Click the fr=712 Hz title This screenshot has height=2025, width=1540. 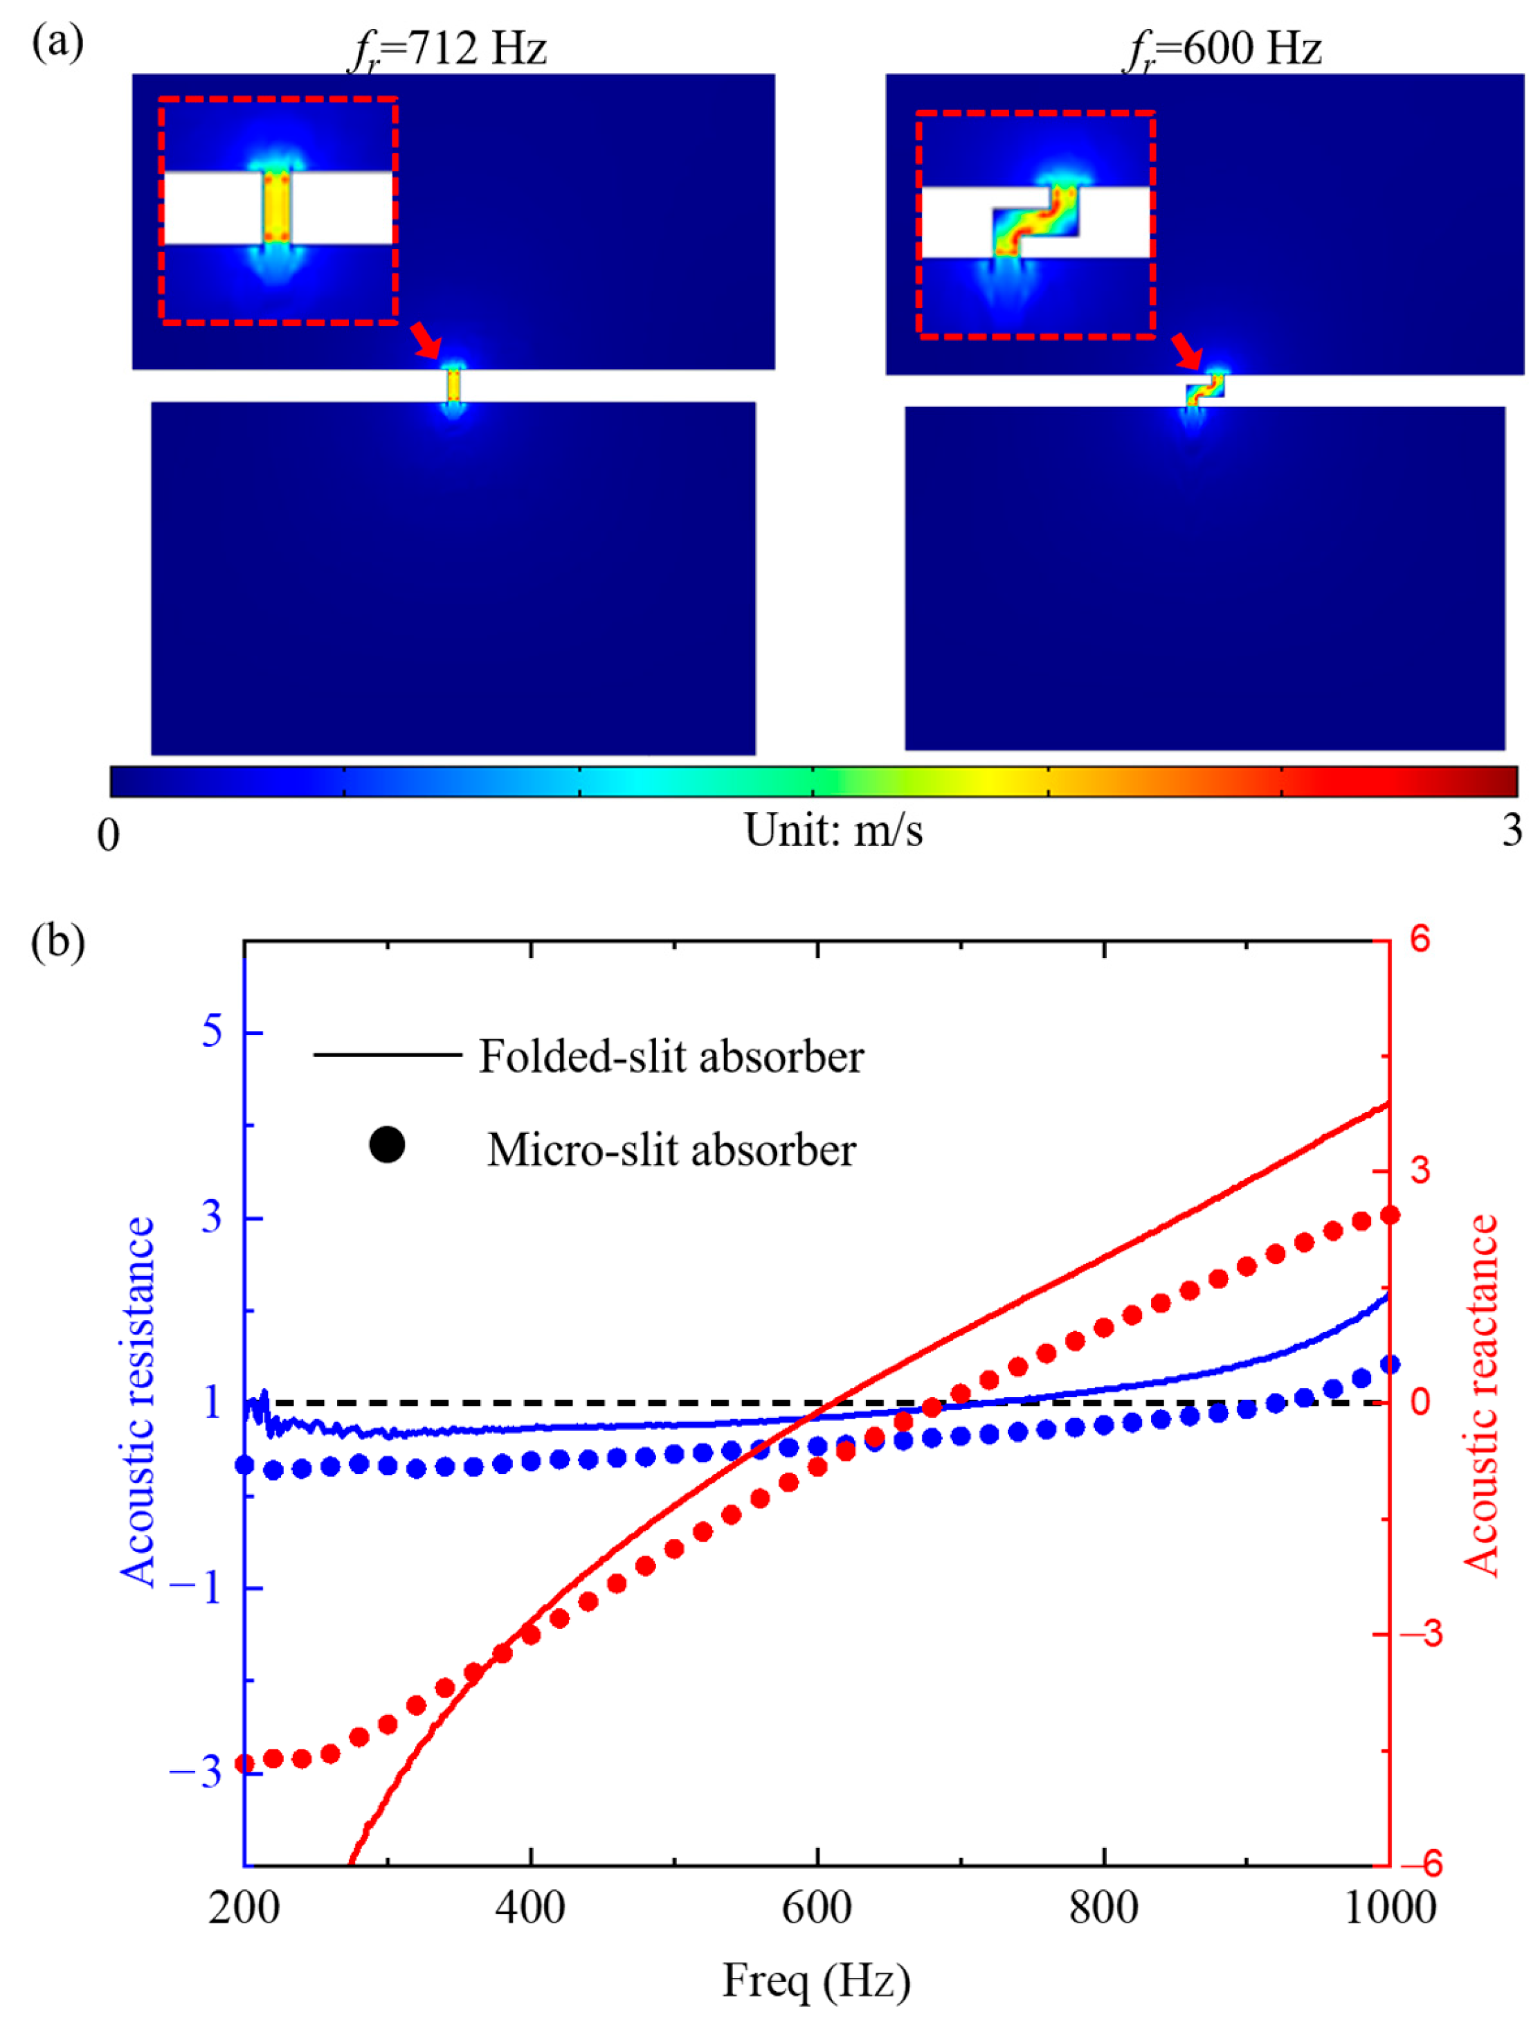coord(449,48)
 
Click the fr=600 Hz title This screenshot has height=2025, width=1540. coord(1223,48)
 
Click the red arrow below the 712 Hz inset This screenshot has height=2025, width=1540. coord(426,340)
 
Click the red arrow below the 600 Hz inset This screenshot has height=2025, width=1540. coord(1186,349)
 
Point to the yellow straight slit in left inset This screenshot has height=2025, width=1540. coord(277,207)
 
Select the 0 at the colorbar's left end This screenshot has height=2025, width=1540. coord(108,834)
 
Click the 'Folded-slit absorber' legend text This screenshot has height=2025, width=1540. coord(671,1057)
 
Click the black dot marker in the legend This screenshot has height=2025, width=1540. coord(387,1145)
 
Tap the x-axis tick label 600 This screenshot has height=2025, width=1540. coord(816,1908)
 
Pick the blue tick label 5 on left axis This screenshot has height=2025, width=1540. coord(212,1032)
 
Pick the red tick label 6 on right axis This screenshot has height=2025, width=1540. coord(1419,939)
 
